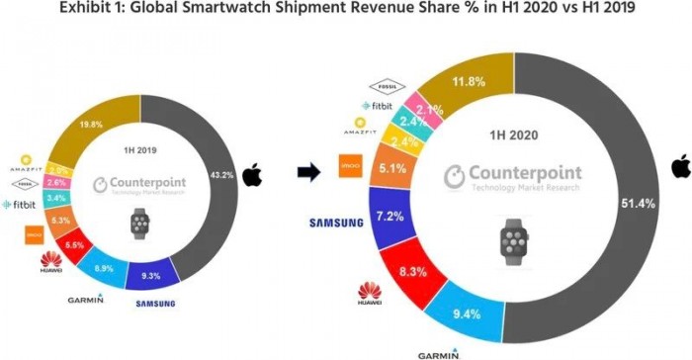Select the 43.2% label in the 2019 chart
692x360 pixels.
tap(223, 176)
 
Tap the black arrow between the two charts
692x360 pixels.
tap(309, 173)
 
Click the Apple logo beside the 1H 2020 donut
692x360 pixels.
tap(679, 166)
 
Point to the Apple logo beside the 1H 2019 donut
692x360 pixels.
tap(251, 176)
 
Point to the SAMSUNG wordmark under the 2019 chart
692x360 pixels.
tap(162, 303)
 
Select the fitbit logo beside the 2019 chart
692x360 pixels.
tap(19, 204)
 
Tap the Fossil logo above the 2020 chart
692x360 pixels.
tap(387, 86)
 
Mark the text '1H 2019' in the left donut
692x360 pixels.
tap(140, 150)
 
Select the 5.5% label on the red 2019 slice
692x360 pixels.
tap(74, 242)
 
